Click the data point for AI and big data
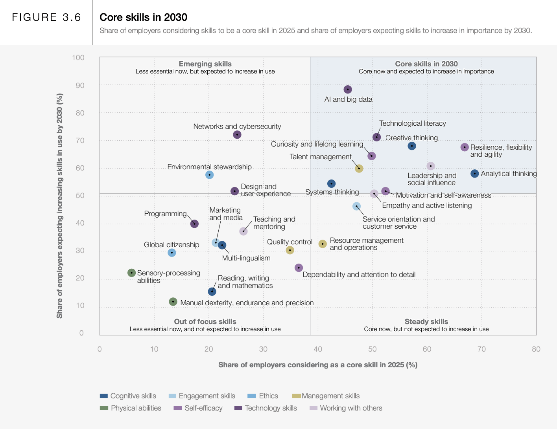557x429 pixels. (x=348, y=90)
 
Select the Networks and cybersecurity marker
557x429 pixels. (x=237, y=135)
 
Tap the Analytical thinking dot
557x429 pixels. (x=475, y=174)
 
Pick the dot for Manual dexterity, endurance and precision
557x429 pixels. (x=173, y=302)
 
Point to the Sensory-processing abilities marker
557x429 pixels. (x=132, y=273)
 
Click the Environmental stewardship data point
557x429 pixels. (x=210, y=175)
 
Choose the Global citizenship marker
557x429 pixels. (x=172, y=253)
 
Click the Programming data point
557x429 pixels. (x=194, y=224)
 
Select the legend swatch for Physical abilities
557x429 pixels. (x=104, y=408)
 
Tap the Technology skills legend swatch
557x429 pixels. (x=238, y=408)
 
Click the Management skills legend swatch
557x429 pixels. (x=297, y=396)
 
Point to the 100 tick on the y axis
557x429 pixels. (x=78, y=58)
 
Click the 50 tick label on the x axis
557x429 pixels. (x=373, y=349)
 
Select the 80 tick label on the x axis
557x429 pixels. (x=536, y=349)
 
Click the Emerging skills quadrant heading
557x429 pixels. (x=205, y=64)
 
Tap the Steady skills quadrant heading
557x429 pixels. (x=426, y=322)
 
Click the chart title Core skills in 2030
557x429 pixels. (x=143, y=17)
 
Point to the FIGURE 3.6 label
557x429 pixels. (x=46, y=17)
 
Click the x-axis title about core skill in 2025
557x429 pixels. (x=318, y=365)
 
